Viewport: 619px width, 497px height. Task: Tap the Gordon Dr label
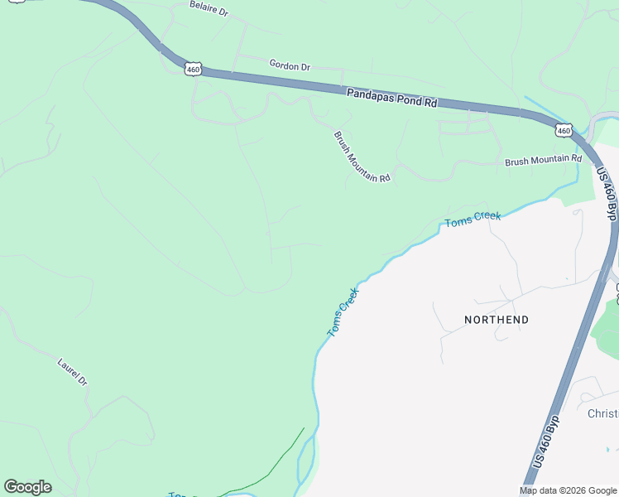pyautogui.click(x=290, y=65)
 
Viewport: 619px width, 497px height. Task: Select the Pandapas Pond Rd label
pyautogui.click(x=391, y=99)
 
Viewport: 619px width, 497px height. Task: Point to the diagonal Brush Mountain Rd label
pyautogui.click(x=362, y=157)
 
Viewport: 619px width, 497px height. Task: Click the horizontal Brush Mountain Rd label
pyautogui.click(x=543, y=160)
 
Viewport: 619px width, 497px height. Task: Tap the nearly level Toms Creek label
pyautogui.click(x=473, y=220)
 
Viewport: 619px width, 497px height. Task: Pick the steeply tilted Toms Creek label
pyautogui.click(x=343, y=311)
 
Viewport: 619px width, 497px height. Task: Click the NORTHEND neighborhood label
pyautogui.click(x=497, y=320)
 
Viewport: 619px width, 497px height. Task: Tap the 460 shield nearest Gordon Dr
pyautogui.click(x=194, y=70)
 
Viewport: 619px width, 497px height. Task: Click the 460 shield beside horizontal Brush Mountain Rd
pyautogui.click(x=564, y=130)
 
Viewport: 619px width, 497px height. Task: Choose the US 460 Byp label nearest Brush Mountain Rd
pyautogui.click(x=607, y=195)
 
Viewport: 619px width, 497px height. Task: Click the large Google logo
pyautogui.click(x=27, y=487)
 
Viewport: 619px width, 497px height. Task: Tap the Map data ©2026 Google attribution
pyautogui.click(x=567, y=490)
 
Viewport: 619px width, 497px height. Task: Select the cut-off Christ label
pyautogui.click(x=602, y=413)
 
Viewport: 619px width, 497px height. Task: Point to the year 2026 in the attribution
pyautogui.click(x=570, y=490)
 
